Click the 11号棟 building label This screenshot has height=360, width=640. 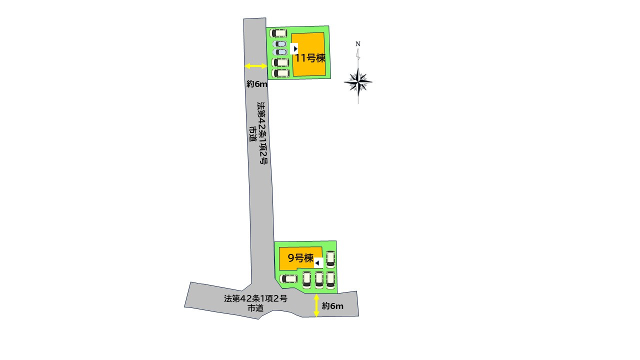310,58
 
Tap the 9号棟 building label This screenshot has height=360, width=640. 300,258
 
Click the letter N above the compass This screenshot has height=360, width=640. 357,44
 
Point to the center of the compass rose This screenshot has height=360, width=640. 358,82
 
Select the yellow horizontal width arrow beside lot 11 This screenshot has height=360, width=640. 256,66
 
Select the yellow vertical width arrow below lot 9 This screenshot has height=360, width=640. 316,305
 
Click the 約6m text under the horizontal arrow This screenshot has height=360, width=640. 257,84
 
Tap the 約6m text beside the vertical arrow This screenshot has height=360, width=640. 332,306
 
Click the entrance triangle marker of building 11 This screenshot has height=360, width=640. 294,49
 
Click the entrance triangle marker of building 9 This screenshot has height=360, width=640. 318,263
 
